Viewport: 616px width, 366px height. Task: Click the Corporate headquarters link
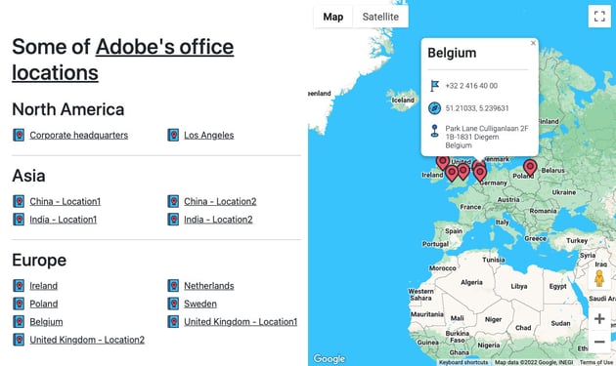click(x=78, y=135)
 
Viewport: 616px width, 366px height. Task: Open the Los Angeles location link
click(x=208, y=135)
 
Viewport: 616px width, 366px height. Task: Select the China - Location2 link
click(x=220, y=201)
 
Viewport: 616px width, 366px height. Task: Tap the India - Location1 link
click(x=63, y=220)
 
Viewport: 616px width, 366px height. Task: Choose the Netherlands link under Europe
click(x=208, y=286)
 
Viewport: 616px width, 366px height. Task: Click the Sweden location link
click(x=200, y=304)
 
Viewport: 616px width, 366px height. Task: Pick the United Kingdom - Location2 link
click(x=86, y=340)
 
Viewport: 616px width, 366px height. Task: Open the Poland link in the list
click(x=43, y=304)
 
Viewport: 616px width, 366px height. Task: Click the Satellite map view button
click(x=380, y=17)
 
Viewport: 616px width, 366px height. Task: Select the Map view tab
click(x=333, y=17)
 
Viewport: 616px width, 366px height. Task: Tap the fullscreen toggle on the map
click(x=598, y=17)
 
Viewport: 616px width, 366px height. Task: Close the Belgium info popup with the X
click(x=533, y=43)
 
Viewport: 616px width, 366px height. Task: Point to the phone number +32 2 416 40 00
click(x=471, y=86)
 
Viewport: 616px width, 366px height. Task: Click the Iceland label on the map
click(x=402, y=100)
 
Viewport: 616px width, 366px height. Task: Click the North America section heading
click(x=67, y=109)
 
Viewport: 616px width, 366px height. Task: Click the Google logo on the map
click(x=330, y=358)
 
